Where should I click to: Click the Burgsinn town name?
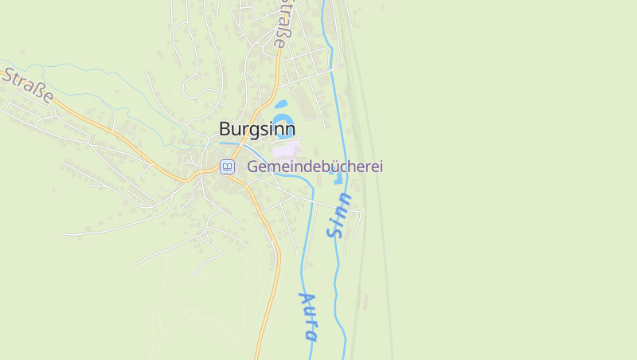click(x=257, y=129)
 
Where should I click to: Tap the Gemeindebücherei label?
click(x=315, y=167)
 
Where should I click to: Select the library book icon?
click(x=228, y=167)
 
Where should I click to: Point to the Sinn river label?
click(x=339, y=215)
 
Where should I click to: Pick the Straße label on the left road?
click(x=28, y=87)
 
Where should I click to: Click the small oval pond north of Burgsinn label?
click(x=281, y=104)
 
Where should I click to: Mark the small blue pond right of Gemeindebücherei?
click(x=339, y=177)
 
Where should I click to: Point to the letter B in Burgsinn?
click(x=225, y=129)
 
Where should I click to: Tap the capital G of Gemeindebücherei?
click(x=253, y=167)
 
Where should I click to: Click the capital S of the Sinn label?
click(x=334, y=232)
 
